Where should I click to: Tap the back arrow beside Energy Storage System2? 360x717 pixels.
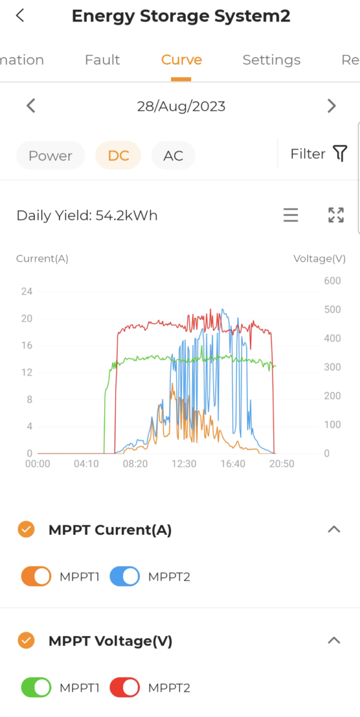click(20, 15)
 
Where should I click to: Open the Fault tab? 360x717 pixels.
click(102, 60)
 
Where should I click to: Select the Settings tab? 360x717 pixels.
click(271, 60)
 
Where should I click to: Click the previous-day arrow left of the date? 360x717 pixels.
click(31, 106)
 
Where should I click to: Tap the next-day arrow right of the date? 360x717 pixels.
click(331, 106)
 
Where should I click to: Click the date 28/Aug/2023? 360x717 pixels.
click(181, 106)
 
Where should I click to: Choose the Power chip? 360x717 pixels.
click(51, 156)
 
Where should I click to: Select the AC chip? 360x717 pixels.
click(173, 156)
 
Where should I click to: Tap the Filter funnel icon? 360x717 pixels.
click(340, 153)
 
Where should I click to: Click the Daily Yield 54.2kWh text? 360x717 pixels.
click(87, 216)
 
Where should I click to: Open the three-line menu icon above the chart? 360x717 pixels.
click(291, 215)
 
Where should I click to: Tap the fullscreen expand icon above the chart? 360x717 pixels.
click(336, 215)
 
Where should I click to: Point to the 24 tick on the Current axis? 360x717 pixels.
click(27, 291)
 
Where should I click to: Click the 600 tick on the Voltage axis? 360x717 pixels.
click(332, 281)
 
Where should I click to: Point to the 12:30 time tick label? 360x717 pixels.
click(184, 464)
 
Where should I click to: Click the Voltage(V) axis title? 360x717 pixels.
click(319, 259)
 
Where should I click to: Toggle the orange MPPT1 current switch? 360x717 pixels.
click(36, 576)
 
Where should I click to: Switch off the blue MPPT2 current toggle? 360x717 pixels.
click(125, 576)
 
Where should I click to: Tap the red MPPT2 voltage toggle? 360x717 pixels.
click(125, 687)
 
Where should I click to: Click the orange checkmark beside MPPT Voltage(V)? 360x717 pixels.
click(26, 640)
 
